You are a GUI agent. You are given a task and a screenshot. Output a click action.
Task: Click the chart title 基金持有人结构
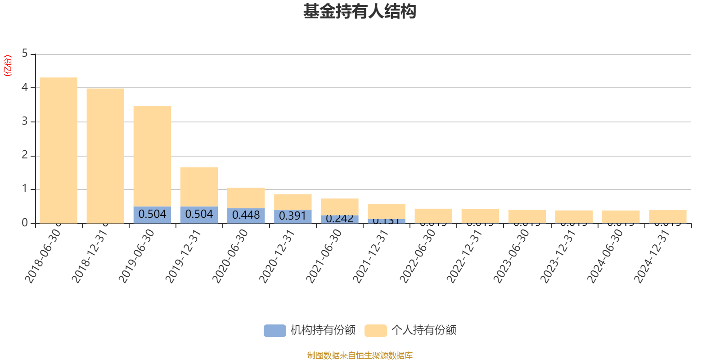(360, 12)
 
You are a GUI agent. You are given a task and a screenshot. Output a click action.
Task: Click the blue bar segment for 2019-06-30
(152, 215)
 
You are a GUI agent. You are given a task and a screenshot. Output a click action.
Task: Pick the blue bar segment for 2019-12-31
(199, 215)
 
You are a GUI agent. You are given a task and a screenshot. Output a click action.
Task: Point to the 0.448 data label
(246, 215)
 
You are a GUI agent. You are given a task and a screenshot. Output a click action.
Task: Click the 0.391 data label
(292, 216)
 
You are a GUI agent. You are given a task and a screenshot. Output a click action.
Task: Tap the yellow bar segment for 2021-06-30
(340, 206)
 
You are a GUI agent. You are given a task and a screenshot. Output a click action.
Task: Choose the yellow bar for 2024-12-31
(668, 216)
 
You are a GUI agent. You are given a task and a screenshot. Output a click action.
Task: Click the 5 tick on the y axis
(25, 54)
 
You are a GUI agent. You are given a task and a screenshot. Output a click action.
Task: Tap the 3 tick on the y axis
(25, 121)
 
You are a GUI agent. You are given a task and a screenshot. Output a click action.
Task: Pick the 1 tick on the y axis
(25, 189)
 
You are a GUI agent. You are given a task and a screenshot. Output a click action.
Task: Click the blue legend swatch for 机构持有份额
(274, 330)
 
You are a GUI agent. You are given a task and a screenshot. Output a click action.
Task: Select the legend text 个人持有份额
(424, 330)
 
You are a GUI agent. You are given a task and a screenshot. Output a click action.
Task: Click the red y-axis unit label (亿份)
(8, 66)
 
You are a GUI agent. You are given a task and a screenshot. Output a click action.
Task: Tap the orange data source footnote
(360, 355)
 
